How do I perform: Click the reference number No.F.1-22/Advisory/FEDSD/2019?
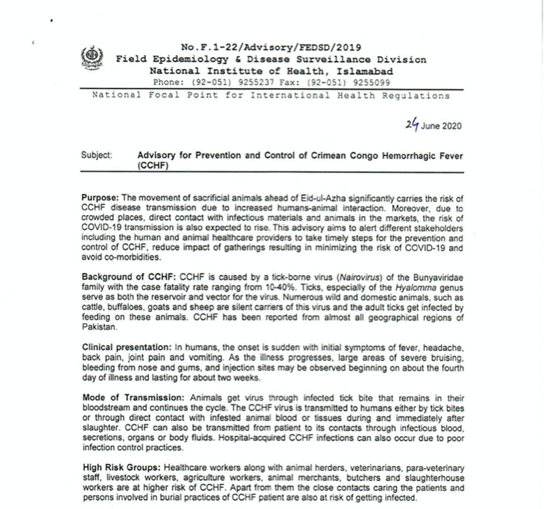click(x=270, y=47)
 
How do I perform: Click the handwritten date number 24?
click(x=413, y=124)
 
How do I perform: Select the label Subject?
click(x=96, y=155)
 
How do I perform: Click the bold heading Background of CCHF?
click(x=129, y=276)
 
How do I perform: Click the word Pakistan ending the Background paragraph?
click(x=99, y=327)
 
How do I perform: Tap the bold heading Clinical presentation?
click(x=125, y=346)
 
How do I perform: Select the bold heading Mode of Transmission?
click(x=133, y=398)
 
